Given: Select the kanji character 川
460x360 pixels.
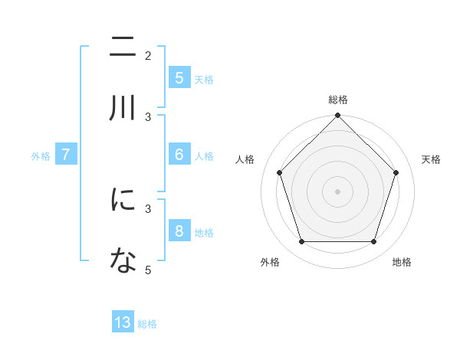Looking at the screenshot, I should [123, 108].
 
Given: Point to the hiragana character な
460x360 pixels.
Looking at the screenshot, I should [123, 261].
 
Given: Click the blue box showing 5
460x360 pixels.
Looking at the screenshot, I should [179, 77].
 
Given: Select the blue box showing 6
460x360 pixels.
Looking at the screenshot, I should [179, 154].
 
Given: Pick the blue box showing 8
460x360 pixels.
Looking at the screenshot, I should [179, 231].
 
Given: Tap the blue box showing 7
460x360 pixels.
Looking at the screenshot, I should [67, 155].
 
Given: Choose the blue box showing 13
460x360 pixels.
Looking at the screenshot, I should [123, 322].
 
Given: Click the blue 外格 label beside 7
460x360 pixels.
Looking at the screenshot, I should [41, 155].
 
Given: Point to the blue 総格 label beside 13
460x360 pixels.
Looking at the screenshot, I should [147, 324].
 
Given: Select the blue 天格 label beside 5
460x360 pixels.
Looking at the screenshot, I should [203, 79].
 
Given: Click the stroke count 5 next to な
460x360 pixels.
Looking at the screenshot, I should [148, 270].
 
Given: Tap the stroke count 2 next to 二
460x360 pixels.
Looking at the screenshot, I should [148, 55].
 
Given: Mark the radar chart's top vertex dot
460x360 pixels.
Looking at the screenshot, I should [337, 116].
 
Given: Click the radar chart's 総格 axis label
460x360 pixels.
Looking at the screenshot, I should [337, 100].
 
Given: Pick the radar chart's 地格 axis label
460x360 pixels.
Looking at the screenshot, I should [402, 262].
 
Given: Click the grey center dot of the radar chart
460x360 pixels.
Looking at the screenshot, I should [337, 191].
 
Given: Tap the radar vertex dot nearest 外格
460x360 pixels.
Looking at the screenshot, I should [301, 242].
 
